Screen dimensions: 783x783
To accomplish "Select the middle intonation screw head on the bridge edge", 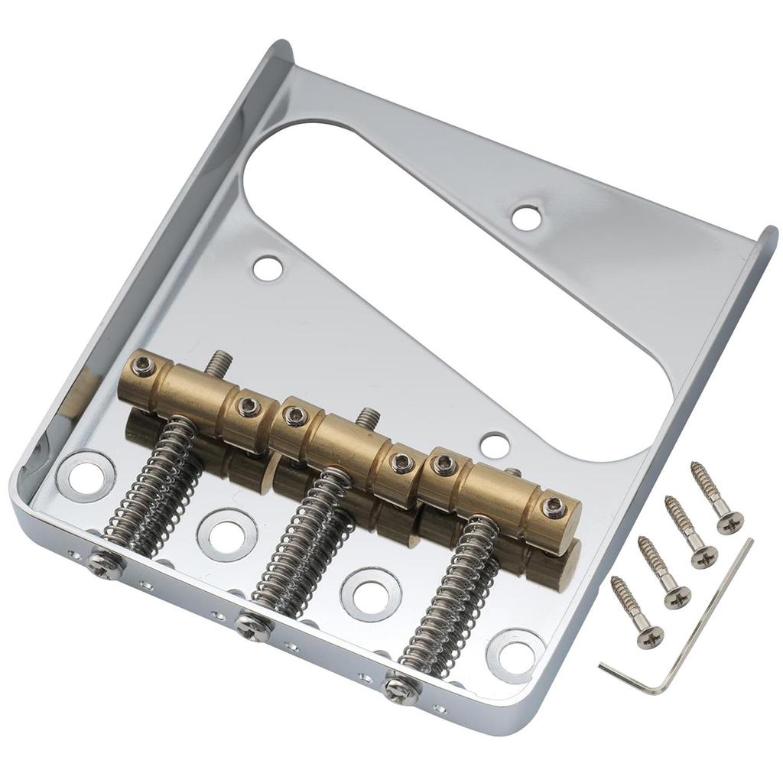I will pyautogui.click(x=253, y=626).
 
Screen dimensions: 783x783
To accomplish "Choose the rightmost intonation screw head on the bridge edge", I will pyautogui.click(x=401, y=687).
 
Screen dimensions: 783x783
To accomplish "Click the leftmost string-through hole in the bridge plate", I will pyautogui.click(x=85, y=476).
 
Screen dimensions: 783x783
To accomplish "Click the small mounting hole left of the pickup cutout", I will pyautogui.click(x=267, y=268).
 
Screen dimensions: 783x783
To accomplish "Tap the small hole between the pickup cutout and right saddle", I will pyautogui.click(x=495, y=445).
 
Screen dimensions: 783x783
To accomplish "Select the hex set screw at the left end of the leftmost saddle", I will pyautogui.click(x=141, y=368).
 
